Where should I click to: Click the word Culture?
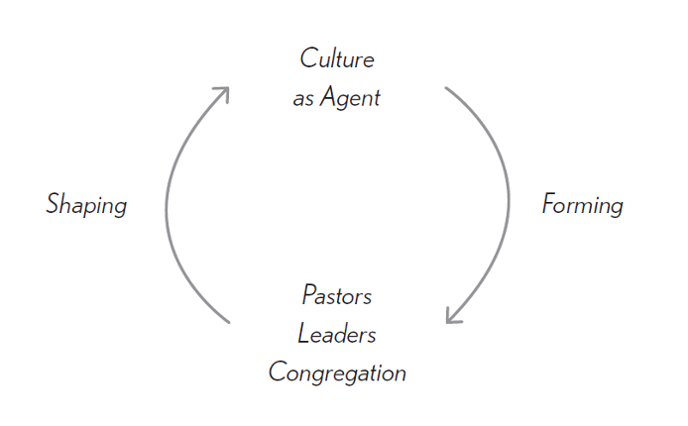tap(337, 58)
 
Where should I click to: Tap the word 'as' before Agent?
tap(303, 99)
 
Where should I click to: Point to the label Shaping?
tap(86, 205)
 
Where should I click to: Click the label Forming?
tap(583, 205)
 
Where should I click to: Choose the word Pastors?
tap(337, 295)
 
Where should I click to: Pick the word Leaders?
tap(337, 334)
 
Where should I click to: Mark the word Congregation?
tap(337, 373)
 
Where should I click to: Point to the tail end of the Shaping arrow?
tap(229, 322)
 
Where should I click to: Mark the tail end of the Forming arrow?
tap(446, 88)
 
